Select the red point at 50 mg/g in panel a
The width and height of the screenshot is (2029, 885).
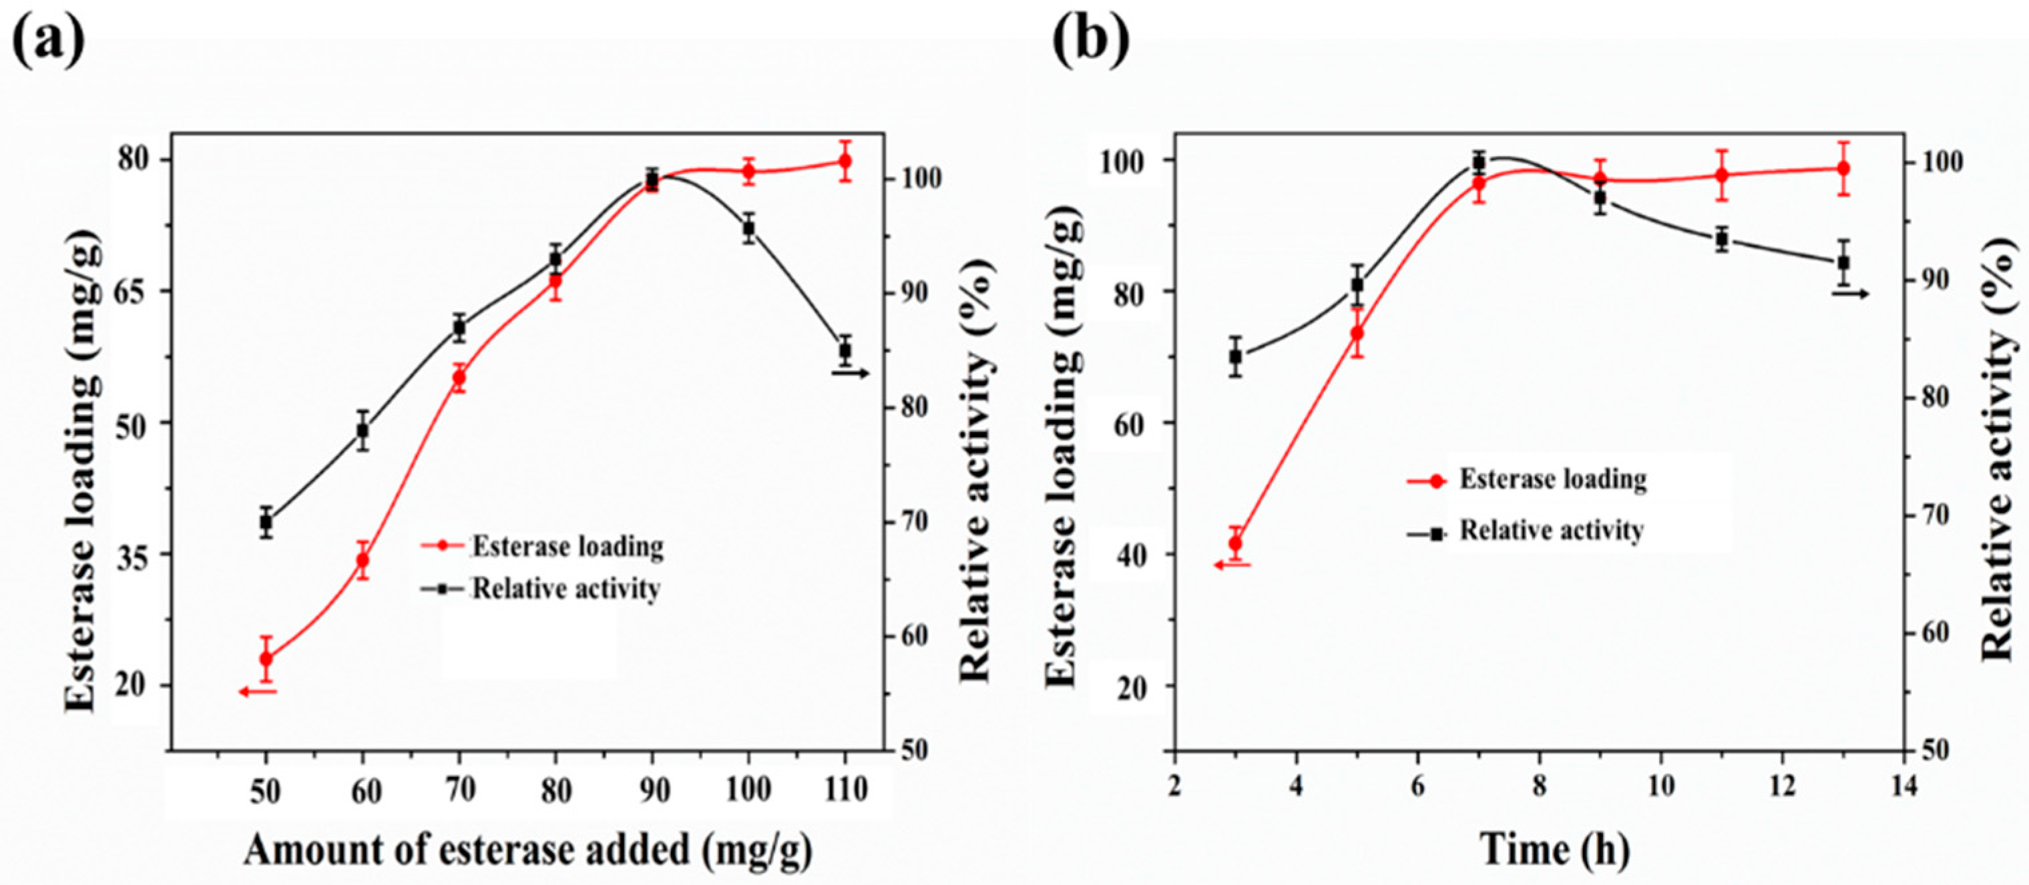pos(266,658)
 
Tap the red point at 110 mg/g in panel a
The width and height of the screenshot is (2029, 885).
pos(845,162)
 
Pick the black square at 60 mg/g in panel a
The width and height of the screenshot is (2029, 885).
pos(363,430)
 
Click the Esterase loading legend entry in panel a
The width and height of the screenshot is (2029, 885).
pos(567,546)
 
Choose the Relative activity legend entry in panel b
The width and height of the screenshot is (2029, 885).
pos(1551,531)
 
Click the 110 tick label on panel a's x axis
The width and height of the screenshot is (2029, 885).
pos(846,790)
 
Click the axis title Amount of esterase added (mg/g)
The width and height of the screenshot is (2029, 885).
pos(527,851)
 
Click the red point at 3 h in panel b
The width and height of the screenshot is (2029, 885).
pos(1235,543)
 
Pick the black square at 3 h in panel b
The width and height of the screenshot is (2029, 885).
pos(1235,356)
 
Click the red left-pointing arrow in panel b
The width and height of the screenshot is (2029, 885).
pos(1231,564)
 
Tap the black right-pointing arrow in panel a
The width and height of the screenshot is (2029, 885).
pos(851,373)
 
